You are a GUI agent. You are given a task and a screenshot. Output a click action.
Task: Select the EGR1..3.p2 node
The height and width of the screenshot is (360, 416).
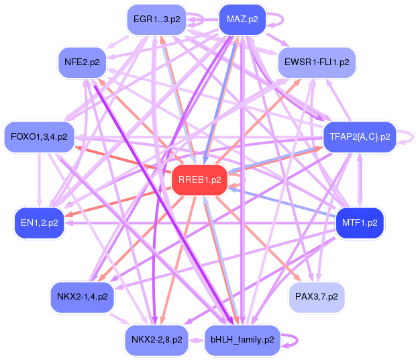156,19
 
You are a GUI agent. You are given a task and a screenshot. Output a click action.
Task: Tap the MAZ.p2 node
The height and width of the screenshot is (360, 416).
242,19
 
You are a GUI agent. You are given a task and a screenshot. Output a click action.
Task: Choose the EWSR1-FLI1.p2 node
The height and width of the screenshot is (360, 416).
317,62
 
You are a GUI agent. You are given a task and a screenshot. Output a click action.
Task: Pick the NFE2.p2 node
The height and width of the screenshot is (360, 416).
82,62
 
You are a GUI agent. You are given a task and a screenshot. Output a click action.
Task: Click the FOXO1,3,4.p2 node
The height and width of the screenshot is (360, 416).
39,137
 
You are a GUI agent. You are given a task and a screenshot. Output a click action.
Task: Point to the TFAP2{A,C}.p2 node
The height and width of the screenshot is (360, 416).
360,137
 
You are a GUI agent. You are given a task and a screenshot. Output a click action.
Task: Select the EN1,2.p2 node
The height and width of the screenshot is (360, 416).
39,222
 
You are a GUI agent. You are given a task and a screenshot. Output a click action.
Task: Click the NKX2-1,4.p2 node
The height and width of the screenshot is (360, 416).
82,296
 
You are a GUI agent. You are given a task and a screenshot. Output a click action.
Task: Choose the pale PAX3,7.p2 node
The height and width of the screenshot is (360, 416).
317,296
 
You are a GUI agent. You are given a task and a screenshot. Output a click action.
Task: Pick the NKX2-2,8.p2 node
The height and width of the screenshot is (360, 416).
156,340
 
